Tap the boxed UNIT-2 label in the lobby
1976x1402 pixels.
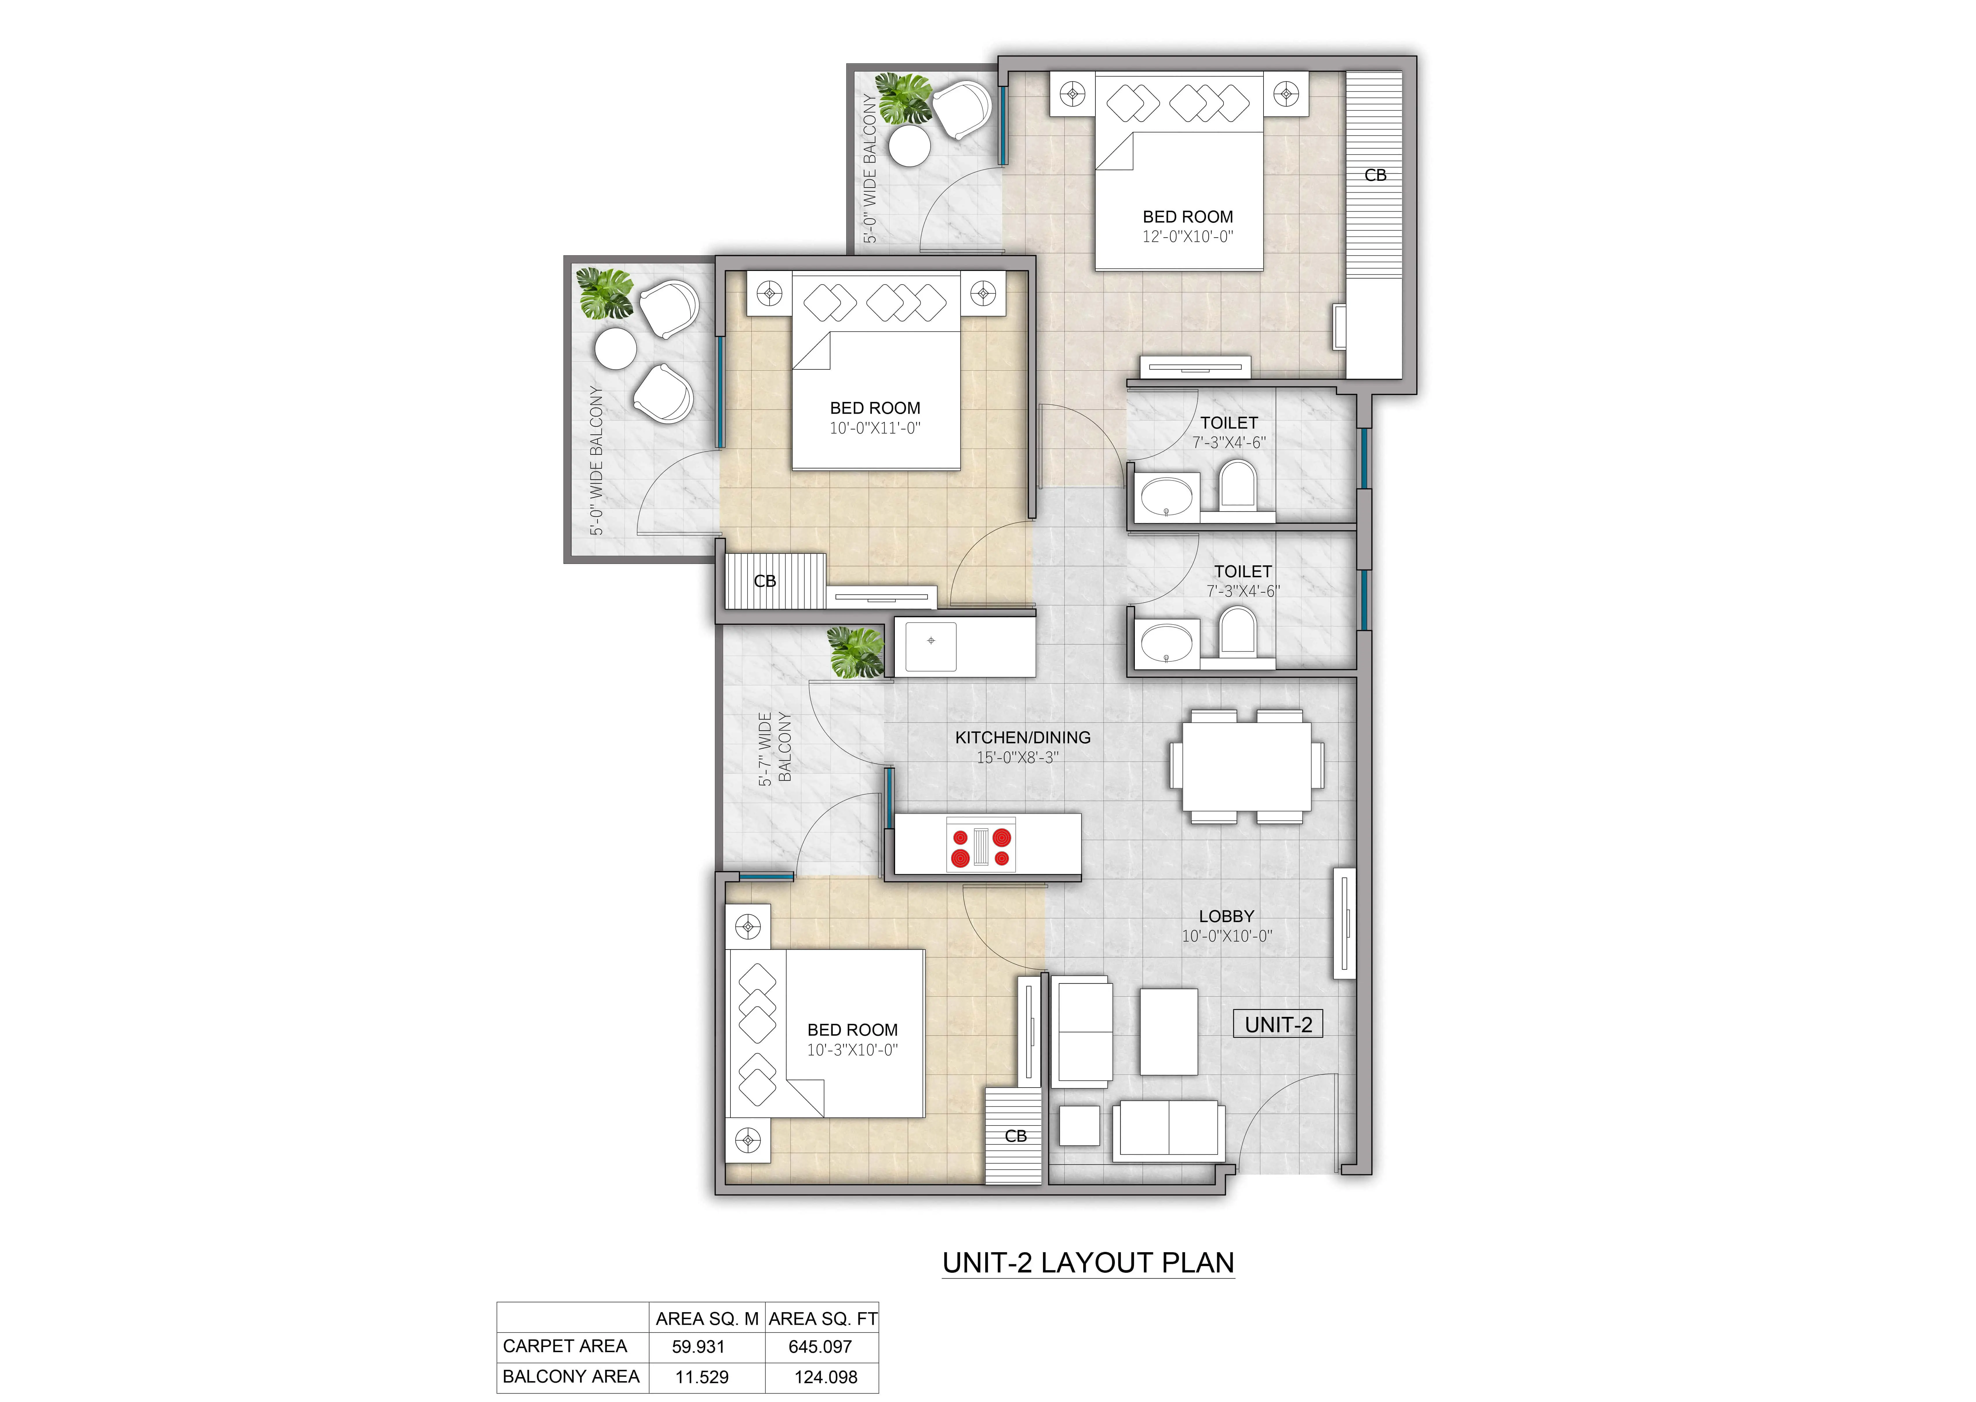[1279, 1025]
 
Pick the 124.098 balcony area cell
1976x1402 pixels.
[825, 1377]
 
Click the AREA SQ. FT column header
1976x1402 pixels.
[823, 1318]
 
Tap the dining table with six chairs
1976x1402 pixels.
[1246, 766]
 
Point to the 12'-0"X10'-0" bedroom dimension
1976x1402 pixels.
[1188, 236]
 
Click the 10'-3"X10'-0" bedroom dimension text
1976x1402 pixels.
[853, 1050]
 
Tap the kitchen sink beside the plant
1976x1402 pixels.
[930, 647]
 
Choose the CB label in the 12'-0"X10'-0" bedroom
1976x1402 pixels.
[1375, 175]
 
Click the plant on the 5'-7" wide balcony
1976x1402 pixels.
[855, 652]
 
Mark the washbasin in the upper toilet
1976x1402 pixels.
[1166, 497]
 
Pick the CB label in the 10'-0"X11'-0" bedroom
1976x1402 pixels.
[765, 581]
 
